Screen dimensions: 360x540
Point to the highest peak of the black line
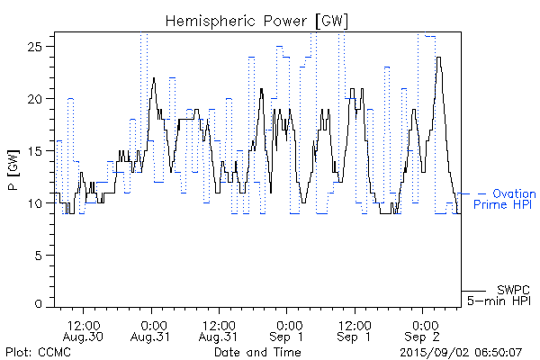click(438, 58)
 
